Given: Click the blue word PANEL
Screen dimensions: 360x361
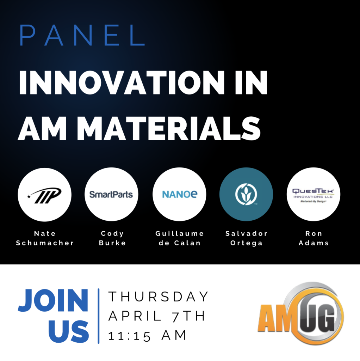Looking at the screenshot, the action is [82, 35].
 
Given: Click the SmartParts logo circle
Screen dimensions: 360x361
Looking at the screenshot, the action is [112, 195].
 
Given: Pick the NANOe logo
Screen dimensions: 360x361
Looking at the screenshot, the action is [179, 195].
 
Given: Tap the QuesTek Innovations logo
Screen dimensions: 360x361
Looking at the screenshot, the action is [313, 195].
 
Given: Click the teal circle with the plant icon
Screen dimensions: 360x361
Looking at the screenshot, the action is [246, 195].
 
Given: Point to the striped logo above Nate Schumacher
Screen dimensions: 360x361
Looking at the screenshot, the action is [45, 195].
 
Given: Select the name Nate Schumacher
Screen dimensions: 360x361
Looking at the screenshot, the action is [45, 238].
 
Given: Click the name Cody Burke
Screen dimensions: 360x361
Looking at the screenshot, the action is [112, 238].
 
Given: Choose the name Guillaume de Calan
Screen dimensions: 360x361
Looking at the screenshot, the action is [180, 238].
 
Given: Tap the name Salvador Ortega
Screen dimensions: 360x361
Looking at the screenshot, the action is [246, 239].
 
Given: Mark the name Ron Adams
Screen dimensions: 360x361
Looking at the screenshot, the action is [314, 238].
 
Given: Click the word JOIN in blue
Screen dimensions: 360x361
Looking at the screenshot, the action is [53, 300].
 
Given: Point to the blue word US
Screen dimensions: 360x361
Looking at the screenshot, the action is [68, 331].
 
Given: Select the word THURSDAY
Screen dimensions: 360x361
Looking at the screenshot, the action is [159, 296].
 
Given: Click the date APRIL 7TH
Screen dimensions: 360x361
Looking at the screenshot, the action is [157, 316].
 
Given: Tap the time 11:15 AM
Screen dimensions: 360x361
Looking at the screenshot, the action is [147, 336].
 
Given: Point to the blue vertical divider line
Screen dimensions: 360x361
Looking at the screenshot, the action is [98, 316].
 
